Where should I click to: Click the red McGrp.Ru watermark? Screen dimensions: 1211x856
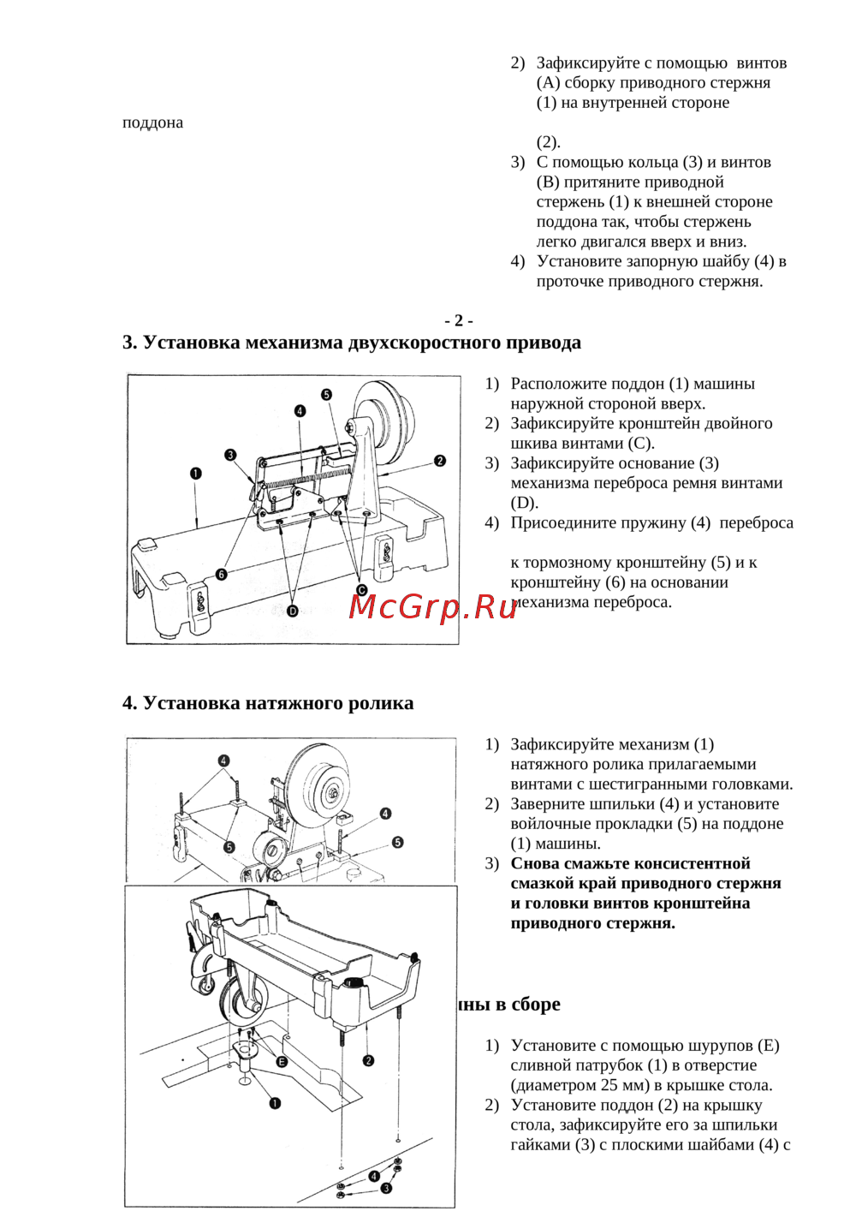[x=432, y=606]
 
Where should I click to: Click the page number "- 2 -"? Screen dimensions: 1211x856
[x=459, y=320]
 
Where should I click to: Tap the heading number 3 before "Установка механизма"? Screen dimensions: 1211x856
[x=129, y=343]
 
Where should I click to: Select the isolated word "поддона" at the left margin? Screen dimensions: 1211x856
[x=152, y=122]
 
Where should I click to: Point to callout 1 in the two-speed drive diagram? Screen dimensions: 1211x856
[x=196, y=473]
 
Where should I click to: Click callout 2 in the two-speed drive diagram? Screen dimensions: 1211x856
[x=440, y=461]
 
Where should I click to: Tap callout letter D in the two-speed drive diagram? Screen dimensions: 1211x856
[x=293, y=611]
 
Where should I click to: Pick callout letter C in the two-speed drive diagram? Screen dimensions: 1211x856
[x=361, y=590]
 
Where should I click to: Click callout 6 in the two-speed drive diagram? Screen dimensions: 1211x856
[x=221, y=574]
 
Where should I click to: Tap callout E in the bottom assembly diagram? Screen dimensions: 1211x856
[x=282, y=1061]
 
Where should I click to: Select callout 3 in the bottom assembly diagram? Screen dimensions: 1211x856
[x=386, y=1188]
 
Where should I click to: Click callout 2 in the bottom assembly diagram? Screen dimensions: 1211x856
[x=368, y=1060]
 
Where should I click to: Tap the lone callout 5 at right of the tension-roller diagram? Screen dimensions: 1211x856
[x=397, y=843]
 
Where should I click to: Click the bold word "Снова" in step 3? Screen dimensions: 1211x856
[x=538, y=863]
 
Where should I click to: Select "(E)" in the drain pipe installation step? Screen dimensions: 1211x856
[x=769, y=1045]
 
